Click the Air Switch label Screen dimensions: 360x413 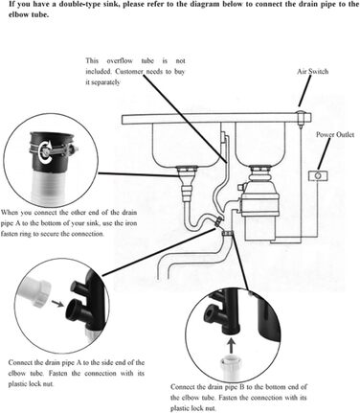pos(312,72)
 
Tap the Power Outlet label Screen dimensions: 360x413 pos(335,134)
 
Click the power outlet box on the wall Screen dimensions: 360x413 pos(318,175)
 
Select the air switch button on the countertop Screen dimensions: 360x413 pos(301,117)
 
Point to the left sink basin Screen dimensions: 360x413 pos(186,143)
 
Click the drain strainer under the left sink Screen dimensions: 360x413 pos(188,172)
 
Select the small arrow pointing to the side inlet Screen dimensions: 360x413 pos(57,304)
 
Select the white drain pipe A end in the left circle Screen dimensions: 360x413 pos(34,291)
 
